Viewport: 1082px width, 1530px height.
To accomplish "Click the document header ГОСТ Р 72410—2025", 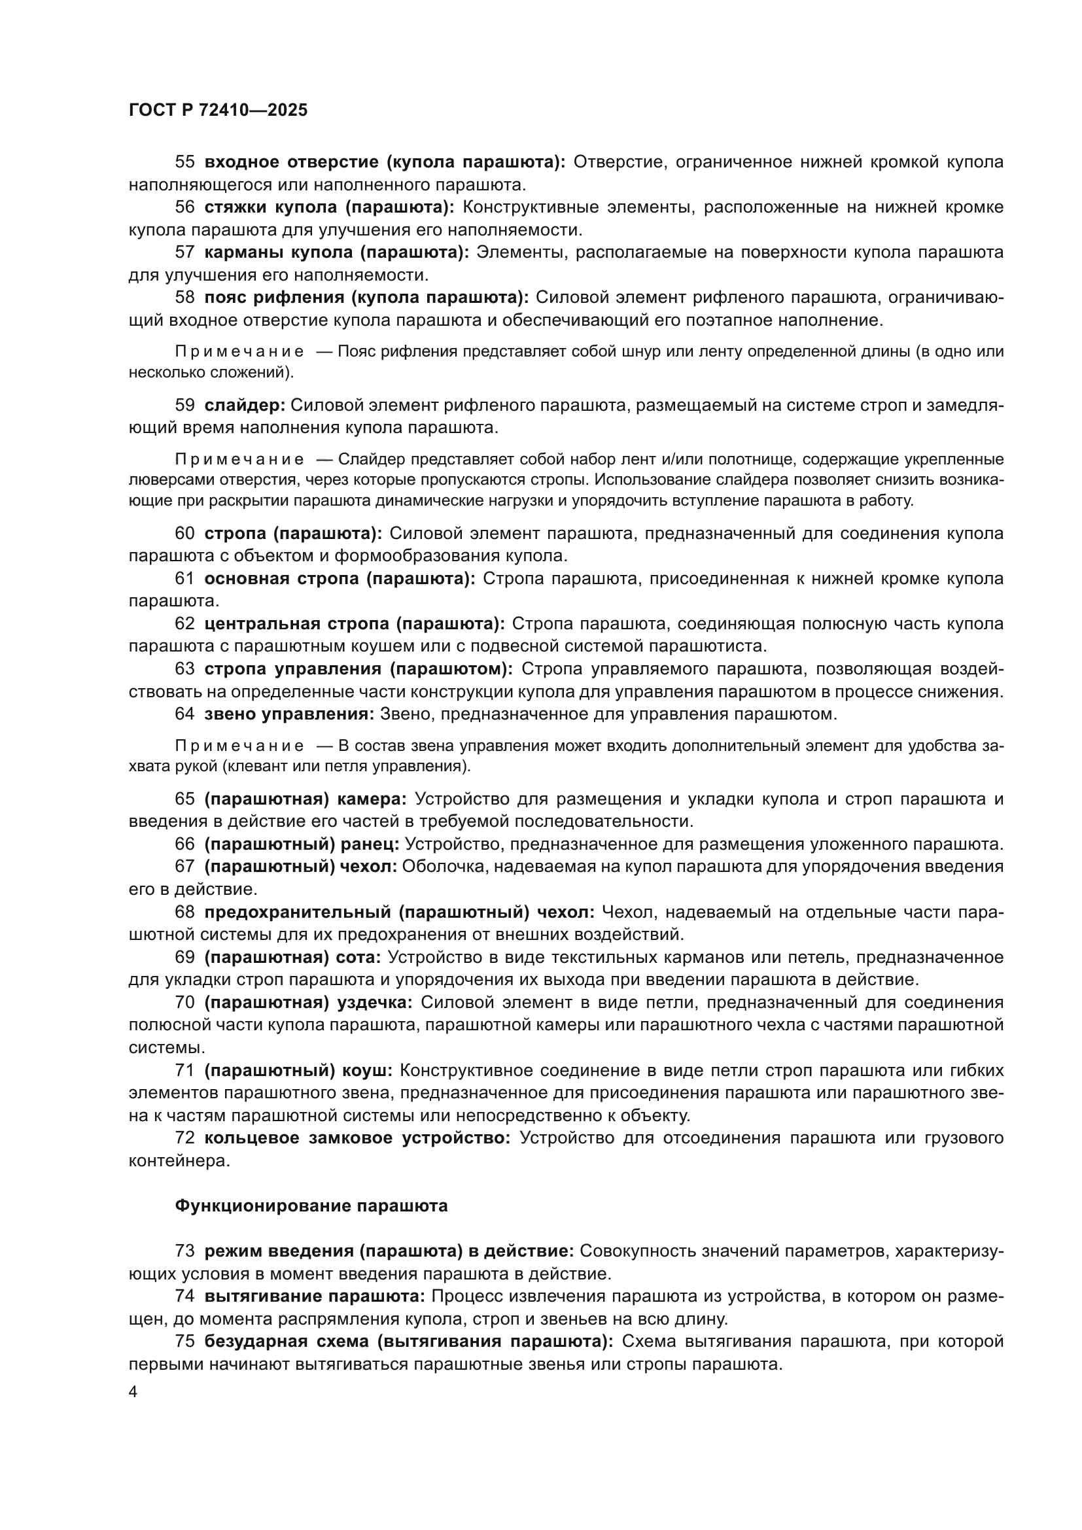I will (218, 111).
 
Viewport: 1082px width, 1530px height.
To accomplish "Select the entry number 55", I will (184, 162).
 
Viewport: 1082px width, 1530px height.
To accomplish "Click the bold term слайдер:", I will (245, 405).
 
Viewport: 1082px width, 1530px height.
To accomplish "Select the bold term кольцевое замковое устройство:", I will (357, 1138).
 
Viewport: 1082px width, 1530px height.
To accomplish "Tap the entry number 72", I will (184, 1138).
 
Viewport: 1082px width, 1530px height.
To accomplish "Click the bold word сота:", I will (358, 958).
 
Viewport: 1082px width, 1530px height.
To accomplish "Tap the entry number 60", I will (184, 533).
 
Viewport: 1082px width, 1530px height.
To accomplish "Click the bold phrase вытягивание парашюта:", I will (315, 1296).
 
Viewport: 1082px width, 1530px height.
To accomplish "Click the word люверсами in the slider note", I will (160, 479).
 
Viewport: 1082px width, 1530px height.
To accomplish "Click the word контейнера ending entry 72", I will (179, 1161).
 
